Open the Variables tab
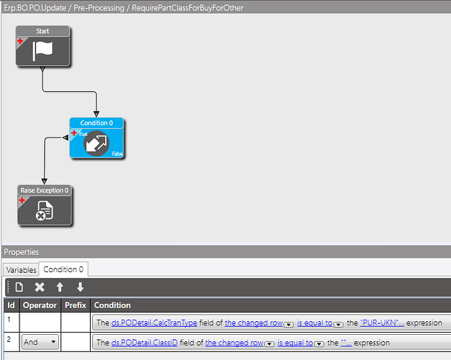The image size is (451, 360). click(22, 269)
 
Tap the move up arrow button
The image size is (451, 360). click(60, 287)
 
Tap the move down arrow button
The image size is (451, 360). click(80, 287)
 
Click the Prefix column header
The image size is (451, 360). click(76, 305)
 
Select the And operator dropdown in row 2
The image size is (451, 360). click(39, 343)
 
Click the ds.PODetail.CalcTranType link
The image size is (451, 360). click(154, 323)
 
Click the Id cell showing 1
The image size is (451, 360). click(11, 319)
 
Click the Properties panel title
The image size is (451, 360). click(22, 252)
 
